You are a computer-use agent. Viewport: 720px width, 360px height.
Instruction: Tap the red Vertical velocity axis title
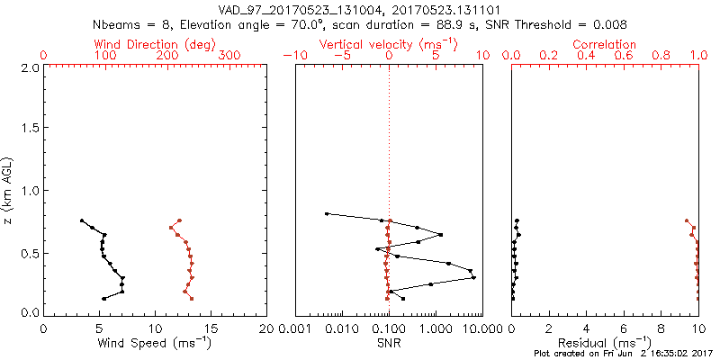388,44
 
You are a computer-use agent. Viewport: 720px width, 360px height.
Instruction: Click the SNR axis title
388,342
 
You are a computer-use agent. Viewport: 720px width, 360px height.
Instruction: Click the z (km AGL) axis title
9,190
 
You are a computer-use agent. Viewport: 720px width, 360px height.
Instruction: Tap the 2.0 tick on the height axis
30,67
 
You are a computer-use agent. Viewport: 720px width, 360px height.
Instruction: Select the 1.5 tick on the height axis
30,129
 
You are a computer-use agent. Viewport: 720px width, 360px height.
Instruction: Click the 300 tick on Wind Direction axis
229,56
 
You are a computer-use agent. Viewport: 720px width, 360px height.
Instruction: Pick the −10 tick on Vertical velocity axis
294,56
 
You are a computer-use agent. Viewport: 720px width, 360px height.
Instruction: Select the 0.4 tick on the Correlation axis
586,56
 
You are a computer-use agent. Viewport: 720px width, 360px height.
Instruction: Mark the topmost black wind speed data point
82,220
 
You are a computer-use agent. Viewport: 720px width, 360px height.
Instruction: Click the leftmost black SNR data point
326,214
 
